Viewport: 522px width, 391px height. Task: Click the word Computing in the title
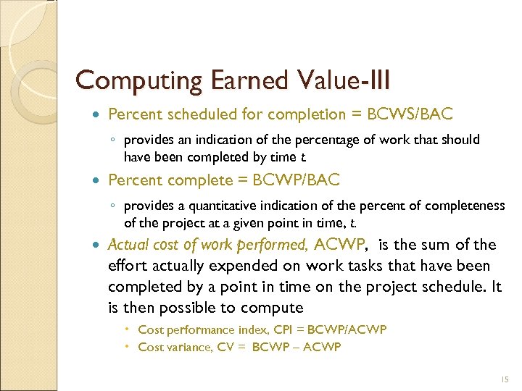pyautogui.click(x=127, y=80)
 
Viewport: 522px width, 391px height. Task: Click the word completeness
pyautogui.click(x=466, y=206)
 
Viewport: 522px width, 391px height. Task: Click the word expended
pyautogui.click(x=244, y=266)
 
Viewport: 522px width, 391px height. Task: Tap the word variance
pyautogui.click(x=188, y=347)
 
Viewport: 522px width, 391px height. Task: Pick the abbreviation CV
pyautogui.click(x=226, y=347)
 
